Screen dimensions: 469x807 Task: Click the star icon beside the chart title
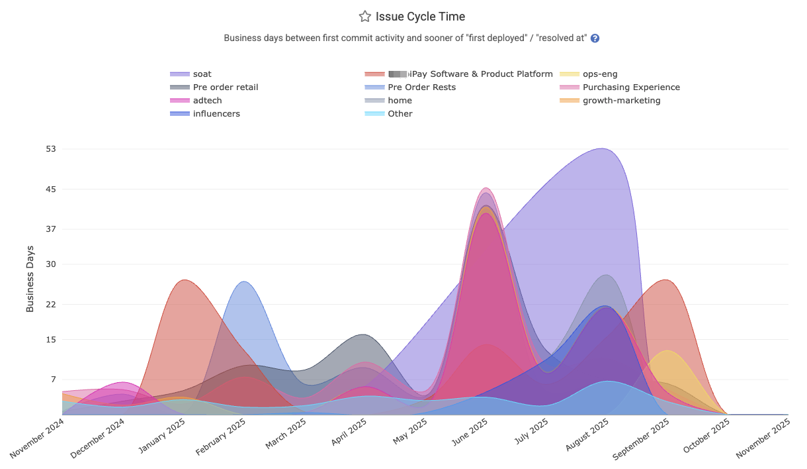pyautogui.click(x=364, y=17)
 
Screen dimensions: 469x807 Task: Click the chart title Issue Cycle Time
pyautogui.click(x=420, y=17)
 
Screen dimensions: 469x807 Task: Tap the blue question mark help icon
pyautogui.click(x=595, y=38)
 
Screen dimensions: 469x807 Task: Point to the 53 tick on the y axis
pyautogui.click(x=50, y=148)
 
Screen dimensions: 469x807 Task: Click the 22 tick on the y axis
pyautogui.click(x=50, y=305)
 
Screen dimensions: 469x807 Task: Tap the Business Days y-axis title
pyautogui.click(x=30, y=279)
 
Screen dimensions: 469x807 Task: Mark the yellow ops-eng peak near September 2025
pyautogui.click(x=667, y=351)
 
